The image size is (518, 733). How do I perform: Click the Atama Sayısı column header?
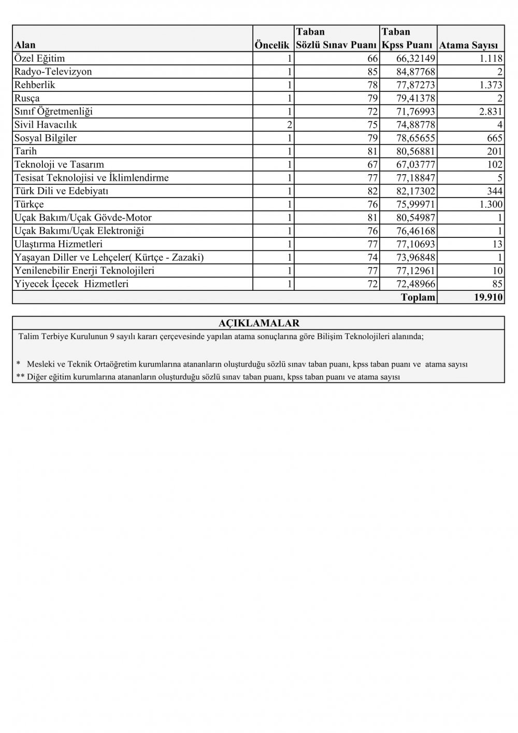click(x=468, y=45)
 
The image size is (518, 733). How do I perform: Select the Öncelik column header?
click(x=272, y=45)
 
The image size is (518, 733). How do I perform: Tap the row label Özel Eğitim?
click(x=40, y=58)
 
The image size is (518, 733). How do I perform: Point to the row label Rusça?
click(x=27, y=98)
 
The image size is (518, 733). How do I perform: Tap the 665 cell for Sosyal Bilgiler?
click(x=495, y=138)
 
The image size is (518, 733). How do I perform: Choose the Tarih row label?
click(x=26, y=151)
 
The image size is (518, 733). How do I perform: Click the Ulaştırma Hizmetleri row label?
click(x=59, y=244)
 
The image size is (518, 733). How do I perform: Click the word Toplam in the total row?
click(x=418, y=298)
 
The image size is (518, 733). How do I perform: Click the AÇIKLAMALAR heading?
click(x=259, y=323)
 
